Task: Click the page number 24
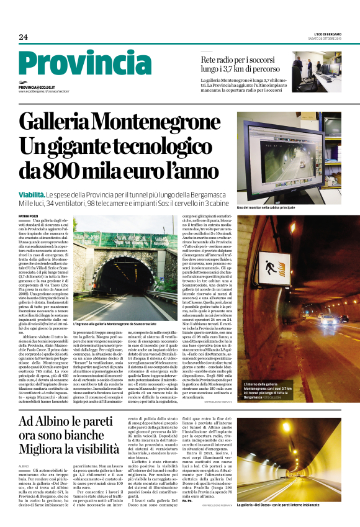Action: pyautogui.click(x=24, y=37)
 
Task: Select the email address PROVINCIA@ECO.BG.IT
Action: pyautogui.click(x=38, y=88)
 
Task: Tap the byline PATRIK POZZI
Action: pyautogui.click(x=29, y=215)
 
